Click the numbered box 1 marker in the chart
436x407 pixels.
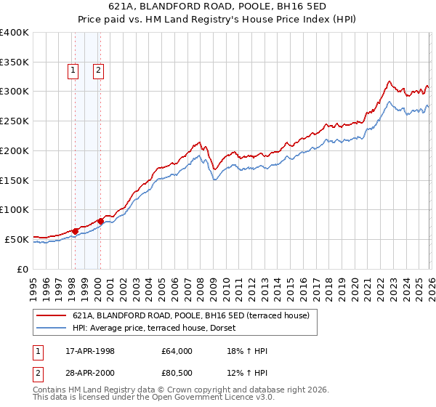pyautogui.click(x=73, y=70)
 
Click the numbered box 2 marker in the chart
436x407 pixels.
pyautogui.click(x=98, y=70)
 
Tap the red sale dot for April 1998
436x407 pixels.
pyautogui.click(x=75, y=231)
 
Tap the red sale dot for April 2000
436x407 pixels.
pyautogui.click(x=100, y=221)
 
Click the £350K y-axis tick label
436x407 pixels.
pyautogui.click(x=15, y=62)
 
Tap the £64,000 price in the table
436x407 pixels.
pyautogui.click(x=177, y=351)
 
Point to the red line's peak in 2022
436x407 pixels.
pyautogui.click(x=389, y=81)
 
